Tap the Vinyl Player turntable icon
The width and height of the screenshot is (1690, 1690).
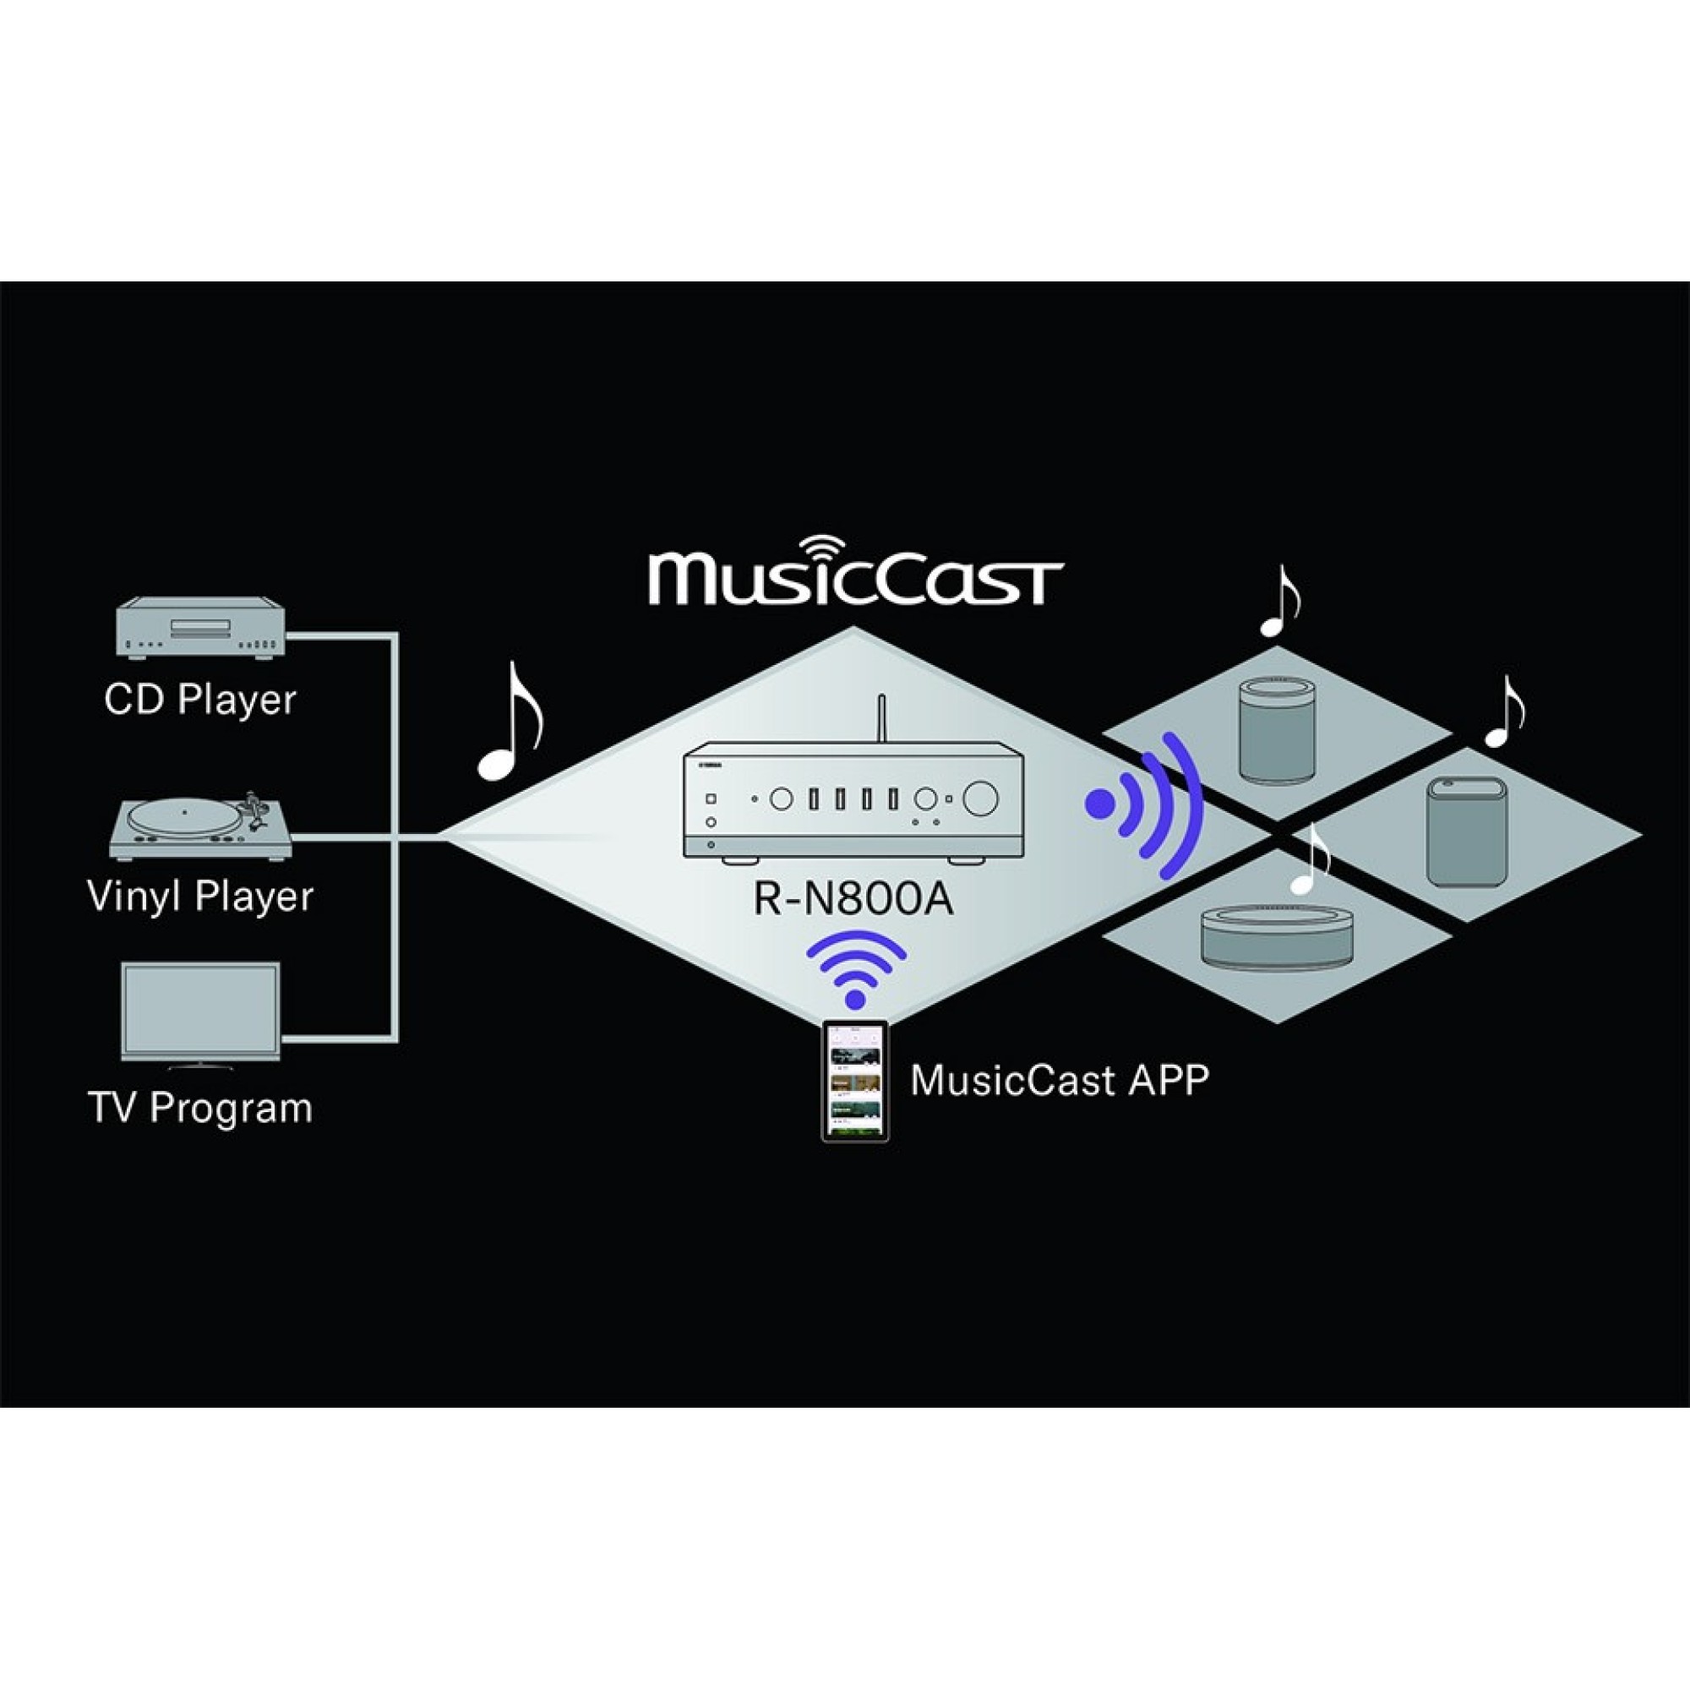(x=200, y=826)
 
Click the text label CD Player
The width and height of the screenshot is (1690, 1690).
(x=200, y=700)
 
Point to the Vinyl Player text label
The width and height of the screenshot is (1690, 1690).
(x=200, y=897)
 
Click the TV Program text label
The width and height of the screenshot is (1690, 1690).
(x=200, y=1108)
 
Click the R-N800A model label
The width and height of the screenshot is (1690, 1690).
(x=853, y=900)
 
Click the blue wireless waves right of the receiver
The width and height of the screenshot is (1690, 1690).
(x=1146, y=805)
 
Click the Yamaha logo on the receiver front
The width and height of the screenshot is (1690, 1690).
(x=709, y=765)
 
